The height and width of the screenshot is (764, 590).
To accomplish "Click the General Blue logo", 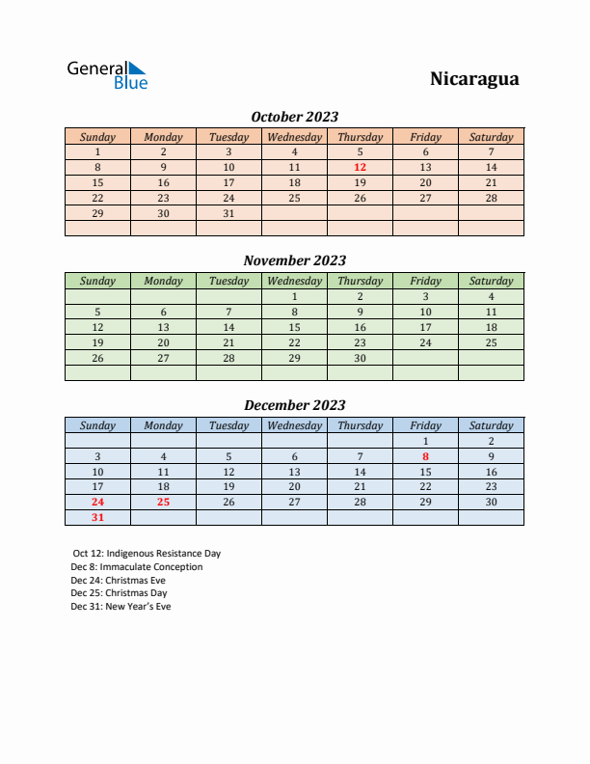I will [x=107, y=75].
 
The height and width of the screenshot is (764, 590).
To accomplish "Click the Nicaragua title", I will [x=474, y=79].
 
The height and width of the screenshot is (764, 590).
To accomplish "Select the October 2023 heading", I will [x=294, y=117].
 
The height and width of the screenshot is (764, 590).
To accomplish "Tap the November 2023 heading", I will [x=294, y=260].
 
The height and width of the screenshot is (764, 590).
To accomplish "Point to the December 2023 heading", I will [x=294, y=405].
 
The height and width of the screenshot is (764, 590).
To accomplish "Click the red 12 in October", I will [x=360, y=167].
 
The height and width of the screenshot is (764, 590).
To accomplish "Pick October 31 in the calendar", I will [x=228, y=213].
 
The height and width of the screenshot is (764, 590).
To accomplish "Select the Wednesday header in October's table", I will [x=294, y=137].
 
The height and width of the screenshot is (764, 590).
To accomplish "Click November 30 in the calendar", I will [x=360, y=358].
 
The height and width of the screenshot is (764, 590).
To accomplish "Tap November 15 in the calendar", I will [x=294, y=327].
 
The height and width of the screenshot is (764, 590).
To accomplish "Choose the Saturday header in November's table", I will [x=491, y=281].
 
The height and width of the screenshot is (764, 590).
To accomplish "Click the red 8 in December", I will [x=425, y=456].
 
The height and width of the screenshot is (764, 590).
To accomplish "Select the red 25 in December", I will [x=163, y=502].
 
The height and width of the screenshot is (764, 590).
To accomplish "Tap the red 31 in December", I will [x=97, y=517].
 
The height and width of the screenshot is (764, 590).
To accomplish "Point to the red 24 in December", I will [x=97, y=502].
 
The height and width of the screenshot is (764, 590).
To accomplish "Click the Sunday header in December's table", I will [x=97, y=425].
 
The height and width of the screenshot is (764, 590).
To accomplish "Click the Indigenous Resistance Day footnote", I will [x=147, y=554].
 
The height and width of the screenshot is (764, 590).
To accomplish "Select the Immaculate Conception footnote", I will [x=137, y=567].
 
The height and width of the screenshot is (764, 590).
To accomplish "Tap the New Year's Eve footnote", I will [x=121, y=607].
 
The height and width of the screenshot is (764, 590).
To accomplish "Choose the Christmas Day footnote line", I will [x=119, y=593].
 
